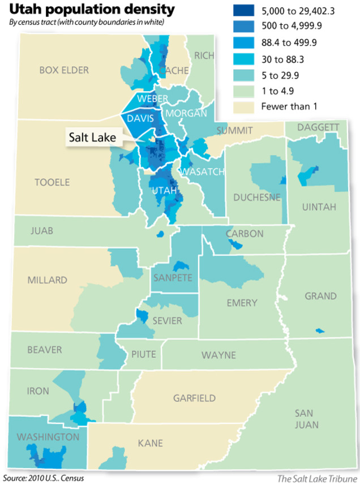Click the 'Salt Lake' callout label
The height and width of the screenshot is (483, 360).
click(x=92, y=137)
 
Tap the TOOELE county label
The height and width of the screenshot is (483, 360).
click(x=52, y=182)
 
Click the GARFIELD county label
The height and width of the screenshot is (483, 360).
click(x=194, y=398)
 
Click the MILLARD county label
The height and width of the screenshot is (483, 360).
click(x=47, y=280)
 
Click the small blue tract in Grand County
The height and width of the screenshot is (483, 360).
click(x=320, y=330)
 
